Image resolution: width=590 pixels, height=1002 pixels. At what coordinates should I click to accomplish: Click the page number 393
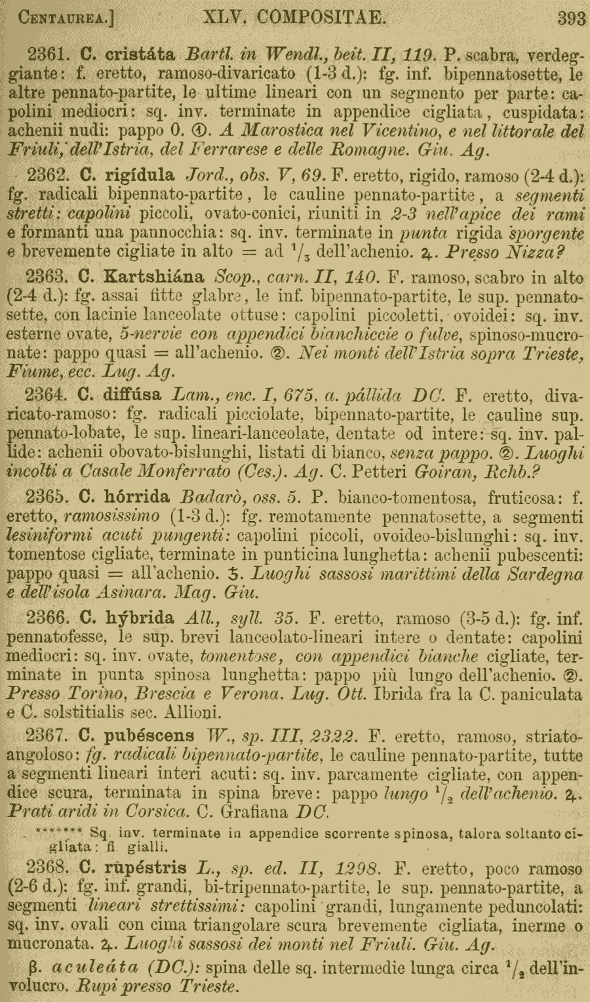pyautogui.click(x=571, y=18)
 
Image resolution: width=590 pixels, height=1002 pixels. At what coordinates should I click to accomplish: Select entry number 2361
pyautogui.click(x=47, y=54)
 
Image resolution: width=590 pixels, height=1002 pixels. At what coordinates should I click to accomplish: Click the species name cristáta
pyautogui.click(x=138, y=54)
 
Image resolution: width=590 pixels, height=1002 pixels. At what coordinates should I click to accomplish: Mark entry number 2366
pyautogui.click(x=47, y=617)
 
